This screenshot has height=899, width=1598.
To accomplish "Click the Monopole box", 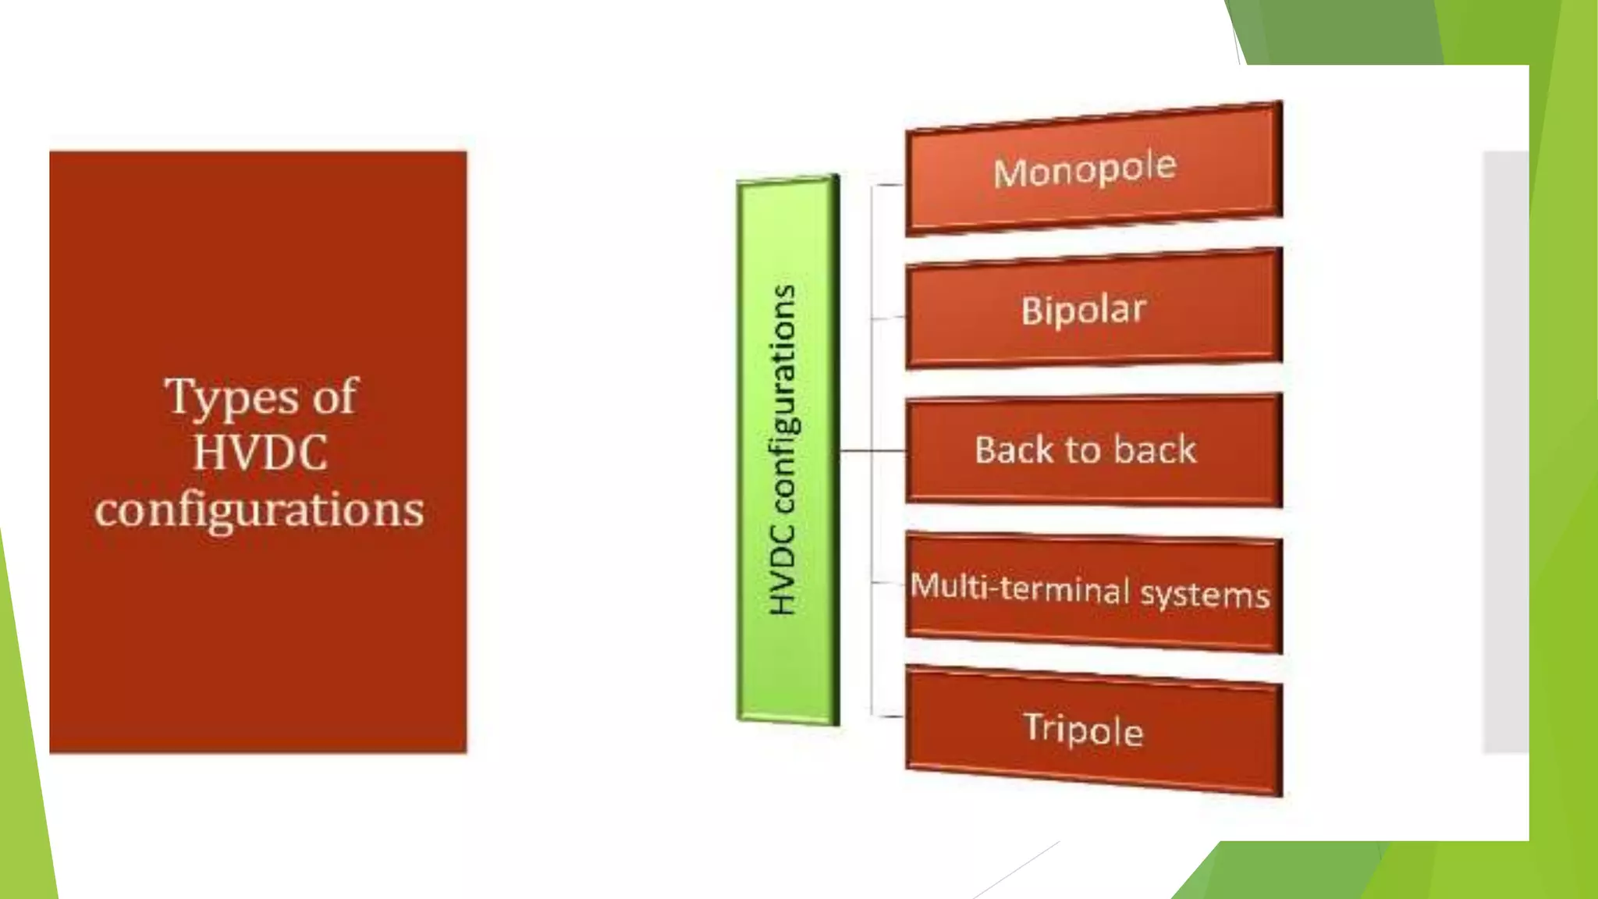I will (x=1092, y=169).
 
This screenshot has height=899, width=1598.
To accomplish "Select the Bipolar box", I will (x=1092, y=309).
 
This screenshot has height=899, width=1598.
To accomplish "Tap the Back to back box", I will (x=1092, y=450).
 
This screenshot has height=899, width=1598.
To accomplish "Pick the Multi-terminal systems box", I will (x=1092, y=592).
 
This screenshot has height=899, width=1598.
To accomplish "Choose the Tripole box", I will (x=1092, y=730).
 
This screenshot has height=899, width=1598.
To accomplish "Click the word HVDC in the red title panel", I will (x=260, y=453).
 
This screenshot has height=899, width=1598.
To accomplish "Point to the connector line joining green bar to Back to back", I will (x=872, y=451).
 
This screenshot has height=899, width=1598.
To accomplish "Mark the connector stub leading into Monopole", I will (x=888, y=186).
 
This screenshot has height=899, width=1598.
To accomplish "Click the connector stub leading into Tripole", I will (x=888, y=715).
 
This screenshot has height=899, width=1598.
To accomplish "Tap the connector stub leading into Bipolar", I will (x=888, y=318).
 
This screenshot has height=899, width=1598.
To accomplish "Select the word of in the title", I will (x=334, y=396).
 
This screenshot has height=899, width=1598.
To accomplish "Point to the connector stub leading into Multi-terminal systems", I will (x=888, y=582).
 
